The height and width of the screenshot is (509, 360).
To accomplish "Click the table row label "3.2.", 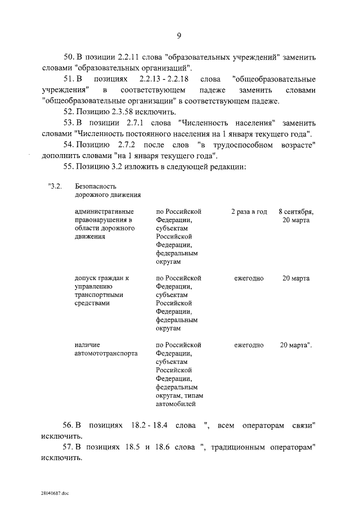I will point(55,186).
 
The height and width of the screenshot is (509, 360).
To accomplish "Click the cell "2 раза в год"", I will point(249,211).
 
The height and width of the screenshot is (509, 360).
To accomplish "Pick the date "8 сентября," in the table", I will point(296,211).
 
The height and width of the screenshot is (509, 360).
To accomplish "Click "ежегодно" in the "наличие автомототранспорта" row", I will point(249,345).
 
